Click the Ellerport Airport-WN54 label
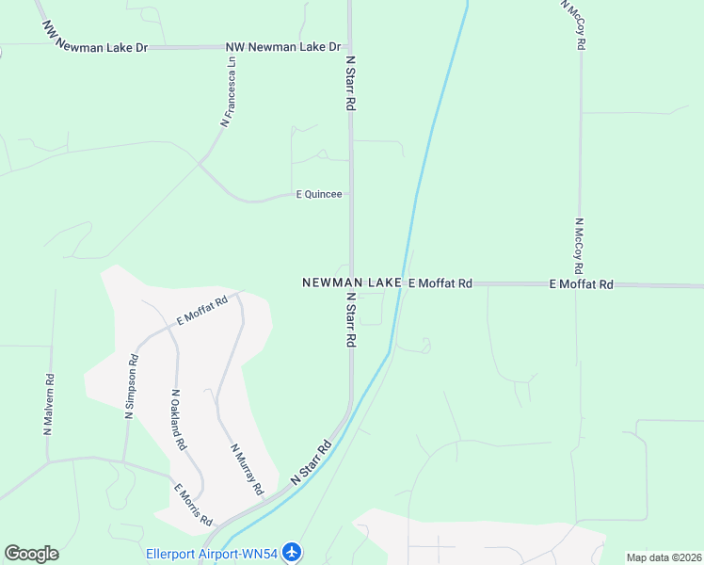[212, 553]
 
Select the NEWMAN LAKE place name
[352, 282]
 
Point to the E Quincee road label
[319, 195]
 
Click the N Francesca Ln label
[227, 91]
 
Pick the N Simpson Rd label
[132, 386]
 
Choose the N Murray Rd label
[244, 469]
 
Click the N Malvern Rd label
[49, 405]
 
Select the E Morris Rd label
[194, 505]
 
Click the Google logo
[31, 554]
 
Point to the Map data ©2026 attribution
[664, 557]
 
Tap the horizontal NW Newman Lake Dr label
[282, 46]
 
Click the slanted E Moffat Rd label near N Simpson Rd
[202, 311]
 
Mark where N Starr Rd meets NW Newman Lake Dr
[350, 46]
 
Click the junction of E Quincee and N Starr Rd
[351, 194]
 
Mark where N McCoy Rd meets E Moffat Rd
[579, 283]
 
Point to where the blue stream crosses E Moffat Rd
[402, 282]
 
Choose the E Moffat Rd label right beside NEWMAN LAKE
[440, 282]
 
